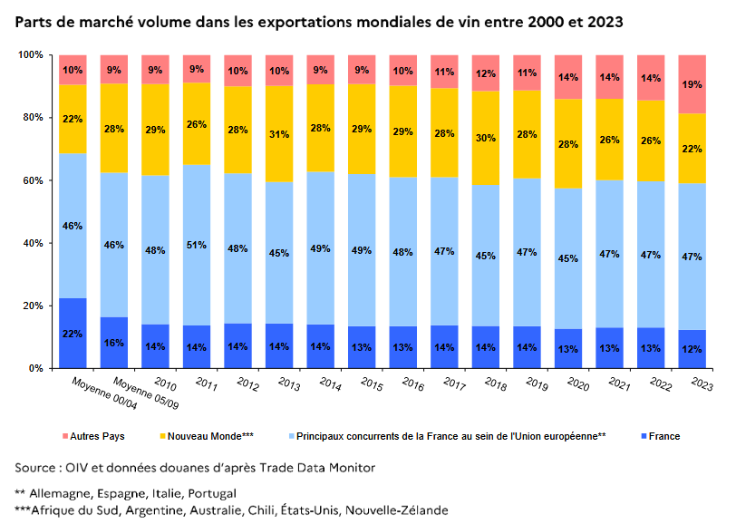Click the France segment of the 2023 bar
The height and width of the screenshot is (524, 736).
692,349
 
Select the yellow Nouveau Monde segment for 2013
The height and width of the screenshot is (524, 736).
279,134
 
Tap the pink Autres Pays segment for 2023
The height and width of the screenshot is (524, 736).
692,83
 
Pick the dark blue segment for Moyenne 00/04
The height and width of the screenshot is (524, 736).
73,333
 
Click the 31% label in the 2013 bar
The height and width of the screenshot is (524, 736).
279,134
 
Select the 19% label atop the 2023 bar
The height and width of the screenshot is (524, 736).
692,83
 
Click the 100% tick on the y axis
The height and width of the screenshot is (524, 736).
32,55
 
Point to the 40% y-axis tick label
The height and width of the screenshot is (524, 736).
34,243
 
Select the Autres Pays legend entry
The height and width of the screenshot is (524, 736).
96,436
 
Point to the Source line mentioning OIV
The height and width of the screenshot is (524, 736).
195,467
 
